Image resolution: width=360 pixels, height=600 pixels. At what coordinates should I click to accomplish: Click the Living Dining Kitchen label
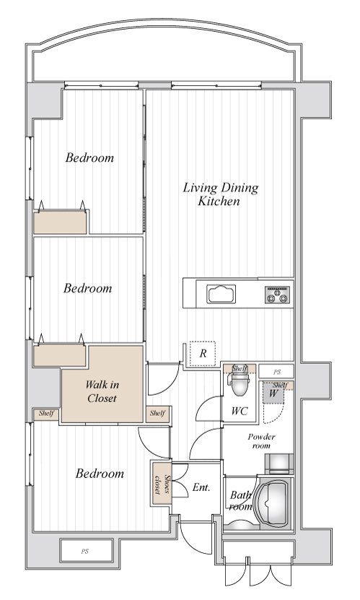221,194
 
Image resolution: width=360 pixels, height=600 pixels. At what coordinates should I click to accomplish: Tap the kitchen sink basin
221,294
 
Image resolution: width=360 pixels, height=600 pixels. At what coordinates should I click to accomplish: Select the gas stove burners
278,295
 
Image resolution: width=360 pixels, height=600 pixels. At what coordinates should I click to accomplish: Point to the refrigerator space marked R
203,354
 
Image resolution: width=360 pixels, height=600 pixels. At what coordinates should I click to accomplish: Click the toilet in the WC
240,384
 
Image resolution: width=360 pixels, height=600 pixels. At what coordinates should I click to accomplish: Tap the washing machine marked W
273,393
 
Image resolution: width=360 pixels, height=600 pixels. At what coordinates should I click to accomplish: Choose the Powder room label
261,441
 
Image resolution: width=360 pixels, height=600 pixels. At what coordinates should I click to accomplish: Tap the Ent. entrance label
201,487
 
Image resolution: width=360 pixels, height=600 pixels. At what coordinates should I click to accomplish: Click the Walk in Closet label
101,391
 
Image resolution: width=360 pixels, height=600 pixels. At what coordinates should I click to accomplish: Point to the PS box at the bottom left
87,551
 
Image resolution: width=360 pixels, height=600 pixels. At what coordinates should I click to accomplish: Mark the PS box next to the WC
276,372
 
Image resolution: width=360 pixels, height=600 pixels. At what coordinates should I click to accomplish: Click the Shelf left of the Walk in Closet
46,414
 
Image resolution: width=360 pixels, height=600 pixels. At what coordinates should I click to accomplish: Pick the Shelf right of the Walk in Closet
157,414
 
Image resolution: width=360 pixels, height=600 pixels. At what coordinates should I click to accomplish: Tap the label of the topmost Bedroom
89,157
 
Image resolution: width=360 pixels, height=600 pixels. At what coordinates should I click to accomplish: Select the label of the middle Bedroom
88,288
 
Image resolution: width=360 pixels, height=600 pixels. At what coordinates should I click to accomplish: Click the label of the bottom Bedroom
100,474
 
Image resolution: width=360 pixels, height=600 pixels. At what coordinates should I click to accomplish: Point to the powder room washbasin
279,464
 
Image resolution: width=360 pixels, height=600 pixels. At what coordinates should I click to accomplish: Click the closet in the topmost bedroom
60,222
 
